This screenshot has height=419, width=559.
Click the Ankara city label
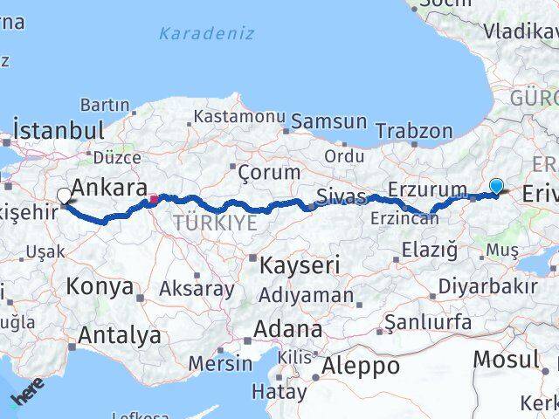(x=108, y=189)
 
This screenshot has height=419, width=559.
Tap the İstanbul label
(x=59, y=130)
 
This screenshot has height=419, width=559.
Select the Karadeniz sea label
(x=207, y=34)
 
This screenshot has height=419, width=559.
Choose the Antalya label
(x=120, y=335)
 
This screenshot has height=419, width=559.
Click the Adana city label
(x=287, y=329)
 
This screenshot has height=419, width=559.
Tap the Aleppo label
(x=361, y=365)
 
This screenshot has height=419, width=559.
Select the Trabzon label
(x=414, y=131)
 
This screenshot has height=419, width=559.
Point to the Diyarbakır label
(x=487, y=285)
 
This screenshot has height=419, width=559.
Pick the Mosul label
(x=506, y=358)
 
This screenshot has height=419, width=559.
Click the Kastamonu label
(x=239, y=116)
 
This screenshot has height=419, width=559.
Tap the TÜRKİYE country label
(x=215, y=223)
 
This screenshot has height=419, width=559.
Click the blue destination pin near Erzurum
(x=496, y=185)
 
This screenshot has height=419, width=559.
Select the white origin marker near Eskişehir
(x=65, y=196)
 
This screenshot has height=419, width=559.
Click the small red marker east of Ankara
(x=154, y=199)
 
